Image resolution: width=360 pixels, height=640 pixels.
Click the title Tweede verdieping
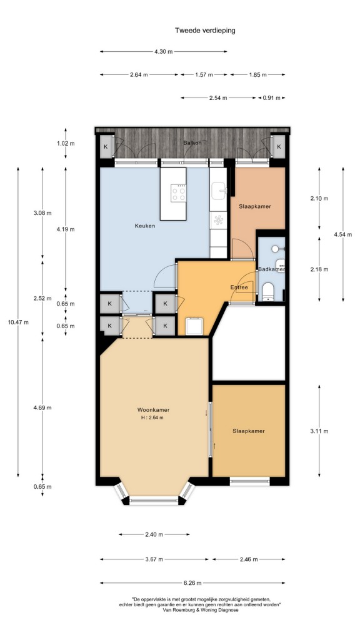coord(205,30)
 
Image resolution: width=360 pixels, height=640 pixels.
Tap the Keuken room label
coord(145,225)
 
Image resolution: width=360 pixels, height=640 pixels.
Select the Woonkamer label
coord(154,410)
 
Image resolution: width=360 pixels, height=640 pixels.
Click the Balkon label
coord(192,143)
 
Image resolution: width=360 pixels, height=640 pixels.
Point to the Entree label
coord(239,287)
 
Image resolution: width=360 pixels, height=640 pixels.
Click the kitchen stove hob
coord(178,192)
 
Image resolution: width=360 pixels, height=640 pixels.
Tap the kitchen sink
coord(219,190)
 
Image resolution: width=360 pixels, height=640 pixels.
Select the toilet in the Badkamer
coord(268,291)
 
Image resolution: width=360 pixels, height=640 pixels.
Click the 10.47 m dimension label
coord(18,322)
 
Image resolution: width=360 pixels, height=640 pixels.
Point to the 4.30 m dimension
coord(163,51)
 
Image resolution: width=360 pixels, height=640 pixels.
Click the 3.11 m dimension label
coord(319,431)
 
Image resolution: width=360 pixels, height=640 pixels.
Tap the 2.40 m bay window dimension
coord(154,534)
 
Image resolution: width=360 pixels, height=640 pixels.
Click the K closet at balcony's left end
coord(106,146)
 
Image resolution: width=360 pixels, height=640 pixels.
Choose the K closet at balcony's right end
coord(279,146)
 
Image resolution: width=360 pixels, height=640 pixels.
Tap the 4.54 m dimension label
coord(343,235)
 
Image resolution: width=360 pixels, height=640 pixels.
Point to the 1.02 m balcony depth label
coord(65,144)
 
